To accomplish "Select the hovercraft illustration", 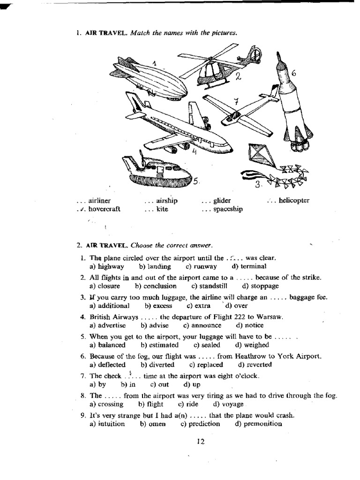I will click(x=157, y=172).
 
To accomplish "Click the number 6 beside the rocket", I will click(x=293, y=73).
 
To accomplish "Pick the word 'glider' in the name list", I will click(x=222, y=201).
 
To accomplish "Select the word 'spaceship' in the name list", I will click(x=228, y=209).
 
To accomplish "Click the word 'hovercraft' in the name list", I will click(x=104, y=209).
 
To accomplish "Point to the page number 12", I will click(x=201, y=441).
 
